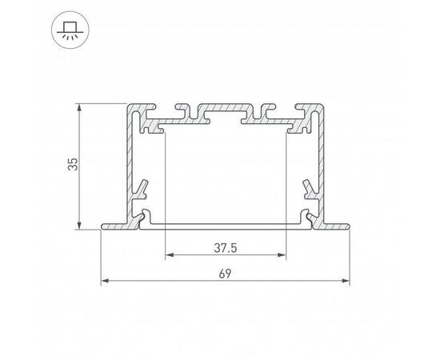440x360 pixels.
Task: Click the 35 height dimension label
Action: pyautogui.click(x=73, y=166)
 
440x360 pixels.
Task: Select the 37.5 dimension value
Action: pyautogui.click(x=225, y=248)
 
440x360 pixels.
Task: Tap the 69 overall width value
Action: pyautogui.click(x=225, y=274)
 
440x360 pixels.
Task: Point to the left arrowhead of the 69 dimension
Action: pyautogui.click(x=104, y=282)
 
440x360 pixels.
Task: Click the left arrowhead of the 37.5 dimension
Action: pyautogui.click(x=167, y=256)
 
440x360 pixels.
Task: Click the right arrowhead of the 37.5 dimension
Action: pyautogui.click(x=283, y=256)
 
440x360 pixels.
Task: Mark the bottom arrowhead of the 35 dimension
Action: pyautogui.click(x=81, y=226)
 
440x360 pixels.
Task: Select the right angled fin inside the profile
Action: pyautogui.click(x=309, y=190)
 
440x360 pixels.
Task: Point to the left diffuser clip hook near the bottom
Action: pyautogui.click(x=145, y=217)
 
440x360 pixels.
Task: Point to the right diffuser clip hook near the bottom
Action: pyautogui.click(x=306, y=217)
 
